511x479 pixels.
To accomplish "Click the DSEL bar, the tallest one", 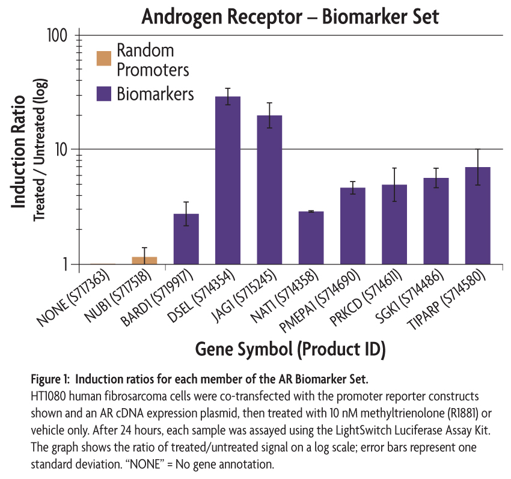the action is click(228, 180).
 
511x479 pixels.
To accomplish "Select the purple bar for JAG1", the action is click(269, 190).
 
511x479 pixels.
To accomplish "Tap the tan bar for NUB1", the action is click(144, 260).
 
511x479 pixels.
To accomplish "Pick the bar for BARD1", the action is click(186, 239).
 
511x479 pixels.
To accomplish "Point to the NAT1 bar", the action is click(311, 238).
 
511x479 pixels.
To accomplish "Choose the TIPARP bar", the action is click(478, 216).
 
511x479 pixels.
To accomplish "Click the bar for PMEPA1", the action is click(353, 226).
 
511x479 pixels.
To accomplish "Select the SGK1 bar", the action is click(436, 221).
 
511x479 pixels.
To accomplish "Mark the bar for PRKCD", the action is click(394, 225).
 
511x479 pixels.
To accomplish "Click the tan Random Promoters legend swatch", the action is click(104, 58).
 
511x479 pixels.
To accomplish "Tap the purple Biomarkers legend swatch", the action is click(104, 94).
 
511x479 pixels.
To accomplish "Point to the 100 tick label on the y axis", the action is click(57, 35).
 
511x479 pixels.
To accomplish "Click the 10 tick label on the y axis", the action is click(61, 150).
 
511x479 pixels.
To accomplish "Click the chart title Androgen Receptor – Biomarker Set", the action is click(290, 16).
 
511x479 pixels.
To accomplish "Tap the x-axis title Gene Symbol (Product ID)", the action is click(290, 349).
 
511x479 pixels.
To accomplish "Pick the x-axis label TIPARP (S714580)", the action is click(447, 301).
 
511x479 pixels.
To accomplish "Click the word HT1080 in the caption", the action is click(49, 396).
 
